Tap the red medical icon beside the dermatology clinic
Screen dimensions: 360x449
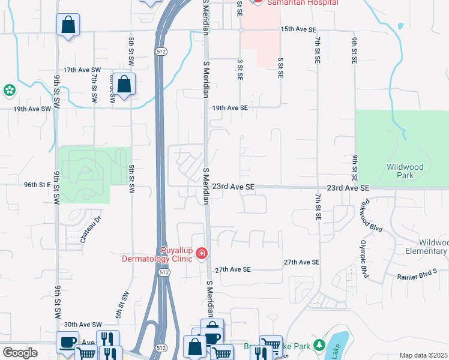click(x=202, y=254)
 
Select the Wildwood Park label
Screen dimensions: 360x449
click(x=406, y=171)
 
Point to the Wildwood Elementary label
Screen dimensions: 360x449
click(x=427, y=247)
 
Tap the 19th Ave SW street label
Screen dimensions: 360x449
click(x=32, y=109)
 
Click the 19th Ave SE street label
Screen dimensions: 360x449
click(x=229, y=108)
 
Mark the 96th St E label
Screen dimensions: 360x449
click(x=38, y=185)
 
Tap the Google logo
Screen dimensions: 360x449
click(x=20, y=352)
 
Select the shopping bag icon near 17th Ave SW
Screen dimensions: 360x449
click(x=125, y=85)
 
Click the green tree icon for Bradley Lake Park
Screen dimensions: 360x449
click(x=320, y=346)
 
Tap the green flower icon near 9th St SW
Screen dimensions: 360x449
click(x=10, y=91)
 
